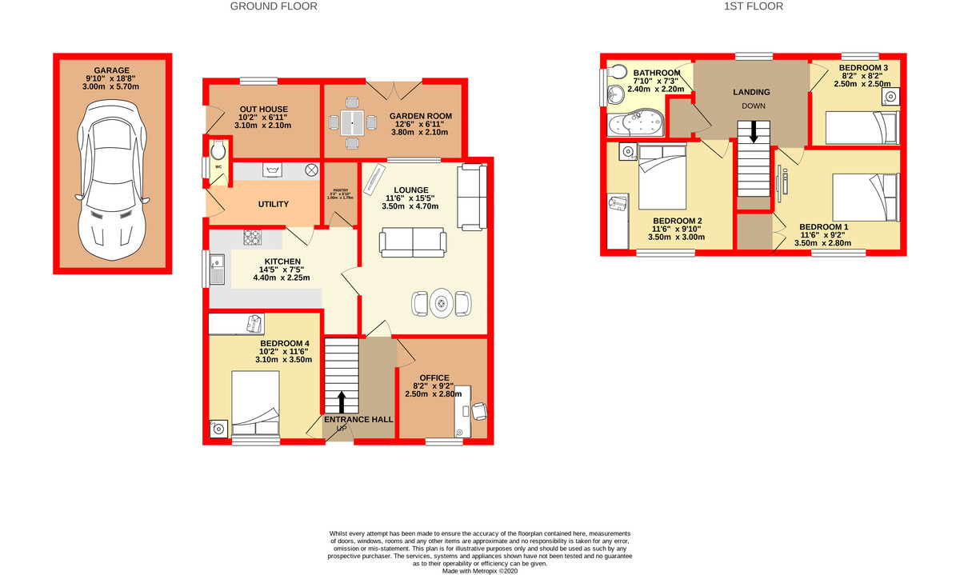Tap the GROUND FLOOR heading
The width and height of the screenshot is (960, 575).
tap(274, 6)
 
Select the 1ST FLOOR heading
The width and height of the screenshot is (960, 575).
tap(753, 6)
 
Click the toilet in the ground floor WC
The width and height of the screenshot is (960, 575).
tap(218, 150)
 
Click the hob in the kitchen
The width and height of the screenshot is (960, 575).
tap(253, 237)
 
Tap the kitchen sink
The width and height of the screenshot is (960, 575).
tap(217, 269)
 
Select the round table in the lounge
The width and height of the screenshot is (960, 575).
tap(441, 303)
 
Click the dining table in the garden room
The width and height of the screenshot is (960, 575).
tap(351, 122)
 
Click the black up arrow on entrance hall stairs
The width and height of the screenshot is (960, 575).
tap(342, 401)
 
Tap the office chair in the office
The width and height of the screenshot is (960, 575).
tap(478, 410)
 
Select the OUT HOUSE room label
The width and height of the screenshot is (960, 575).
tap(263, 110)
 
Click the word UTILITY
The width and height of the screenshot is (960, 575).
tap(273, 205)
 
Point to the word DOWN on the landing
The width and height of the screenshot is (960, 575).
tap(752, 106)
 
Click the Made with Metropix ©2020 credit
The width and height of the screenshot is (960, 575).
tap(480, 570)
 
